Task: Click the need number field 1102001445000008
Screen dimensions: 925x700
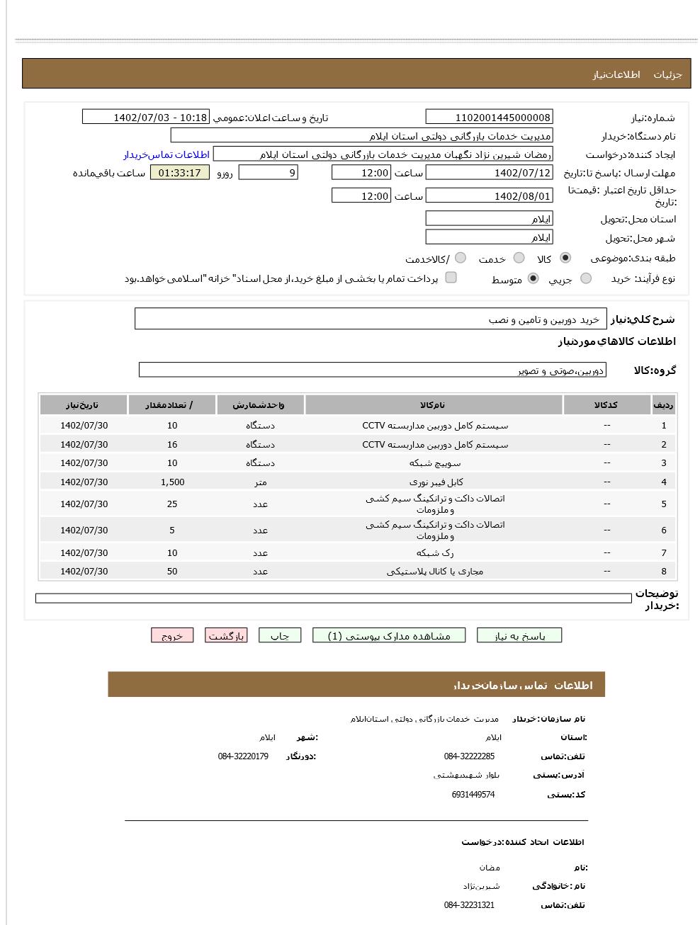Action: click(x=489, y=118)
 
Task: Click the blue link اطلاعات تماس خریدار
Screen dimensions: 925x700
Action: click(x=166, y=154)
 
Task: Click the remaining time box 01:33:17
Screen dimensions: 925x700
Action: click(x=180, y=173)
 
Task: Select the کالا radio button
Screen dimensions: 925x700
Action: click(x=565, y=258)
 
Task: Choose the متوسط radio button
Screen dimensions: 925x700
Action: click(x=534, y=278)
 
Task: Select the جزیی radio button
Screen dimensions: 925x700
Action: click(x=586, y=278)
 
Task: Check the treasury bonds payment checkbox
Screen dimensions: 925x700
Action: click(x=451, y=278)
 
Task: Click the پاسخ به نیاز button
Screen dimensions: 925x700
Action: click(x=519, y=635)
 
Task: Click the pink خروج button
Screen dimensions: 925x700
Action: click(x=171, y=635)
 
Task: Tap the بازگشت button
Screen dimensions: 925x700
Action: click(x=226, y=635)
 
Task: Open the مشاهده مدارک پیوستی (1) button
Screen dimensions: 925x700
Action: click(x=390, y=635)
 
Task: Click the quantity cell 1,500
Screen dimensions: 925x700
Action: click(x=172, y=482)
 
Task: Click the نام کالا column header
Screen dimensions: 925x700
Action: click(x=434, y=405)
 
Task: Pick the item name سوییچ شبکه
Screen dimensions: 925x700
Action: click(x=434, y=463)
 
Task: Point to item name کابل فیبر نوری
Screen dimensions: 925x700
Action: click(x=434, y=482)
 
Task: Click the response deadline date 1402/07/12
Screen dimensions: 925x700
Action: click(x=489, y=173)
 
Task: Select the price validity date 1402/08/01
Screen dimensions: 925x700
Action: click(x=489, y=196)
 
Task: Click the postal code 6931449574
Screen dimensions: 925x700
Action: click(x=473, y=795)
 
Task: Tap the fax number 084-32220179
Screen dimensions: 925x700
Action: click(x=243, y=756)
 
